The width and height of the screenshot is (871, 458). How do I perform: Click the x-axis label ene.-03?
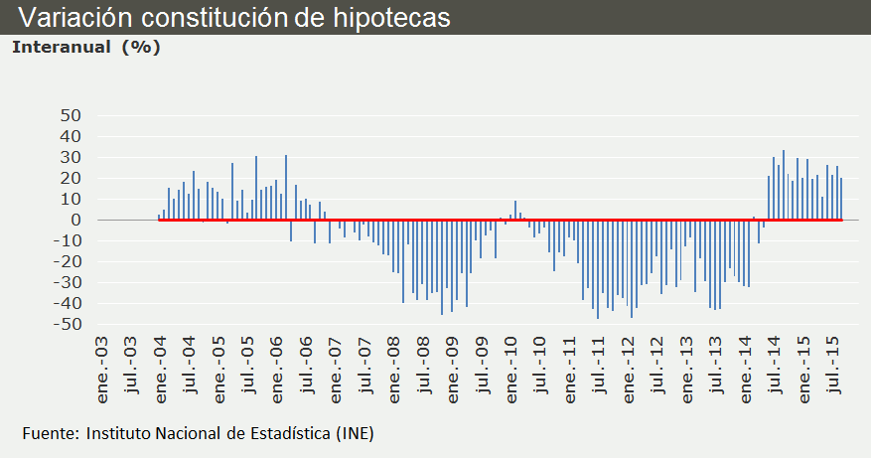pyautogui.click(x=102, y=370)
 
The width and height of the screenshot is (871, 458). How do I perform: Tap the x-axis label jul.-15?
pyautogui.click(x=834, y=370)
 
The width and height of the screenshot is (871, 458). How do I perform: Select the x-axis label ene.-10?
pyautogui.click(x=512, y=370)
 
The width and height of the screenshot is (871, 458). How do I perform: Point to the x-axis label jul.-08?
pyautogui.click(x=425, y=370)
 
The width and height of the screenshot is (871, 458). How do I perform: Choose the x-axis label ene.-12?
pyautogui.click(x=630, y=370)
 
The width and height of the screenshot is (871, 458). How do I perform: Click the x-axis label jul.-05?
pyautogui.click(x=249, y=370)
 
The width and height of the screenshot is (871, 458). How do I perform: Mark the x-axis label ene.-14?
pyautogui.click(x=747, y=370)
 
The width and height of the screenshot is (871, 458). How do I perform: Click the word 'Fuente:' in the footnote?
pyautogui.click(x=52, y=433)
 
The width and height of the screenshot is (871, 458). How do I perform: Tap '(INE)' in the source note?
pyautogui.click(x=354, y=433)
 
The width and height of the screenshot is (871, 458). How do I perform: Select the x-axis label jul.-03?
pyautogui.click(x=132, y=370)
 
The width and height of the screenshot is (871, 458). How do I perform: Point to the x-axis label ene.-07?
pyautogui.click(x=337, y=370)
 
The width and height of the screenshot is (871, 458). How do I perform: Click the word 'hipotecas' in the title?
pyautogui.click(x=394, y=18)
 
